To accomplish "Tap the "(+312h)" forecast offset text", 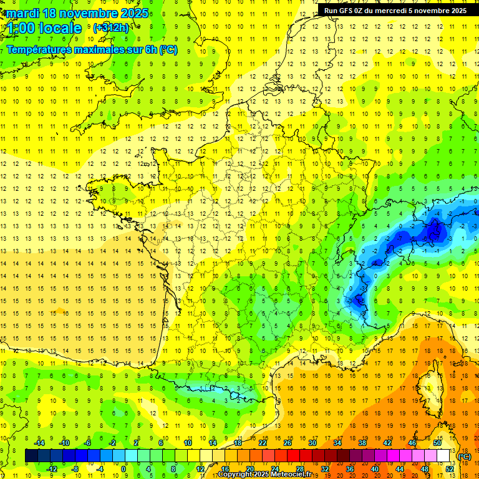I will point(111,27).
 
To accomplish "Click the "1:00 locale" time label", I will point(45,28).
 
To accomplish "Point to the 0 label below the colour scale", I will point(123,469).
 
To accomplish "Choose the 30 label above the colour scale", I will point(312,443).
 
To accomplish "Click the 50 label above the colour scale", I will point(437,443).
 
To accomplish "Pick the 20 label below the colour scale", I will point(249,469).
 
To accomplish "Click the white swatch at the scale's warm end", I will point(443,456).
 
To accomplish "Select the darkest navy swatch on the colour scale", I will point(32,456).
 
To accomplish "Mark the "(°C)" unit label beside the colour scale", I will point(465,456).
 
